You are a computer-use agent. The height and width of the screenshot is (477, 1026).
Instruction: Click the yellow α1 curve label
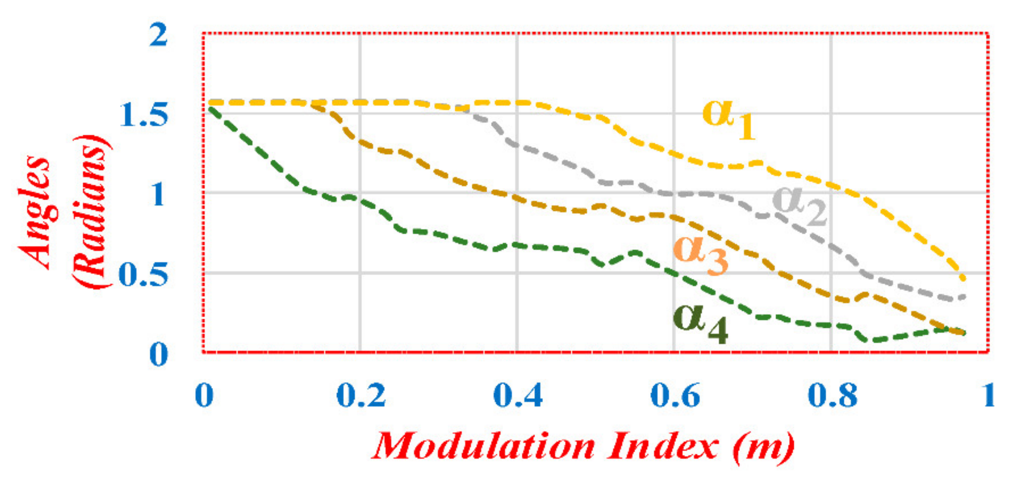(x=728, y=118)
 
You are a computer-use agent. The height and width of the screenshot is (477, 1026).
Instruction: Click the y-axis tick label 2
(x=158, y=35)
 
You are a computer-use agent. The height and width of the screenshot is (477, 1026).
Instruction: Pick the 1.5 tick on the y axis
(x=144, y=114)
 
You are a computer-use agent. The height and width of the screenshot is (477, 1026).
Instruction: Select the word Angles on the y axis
(x=35, y=213)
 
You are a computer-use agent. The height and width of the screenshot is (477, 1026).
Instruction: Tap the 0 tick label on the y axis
(x=158, y=354)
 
